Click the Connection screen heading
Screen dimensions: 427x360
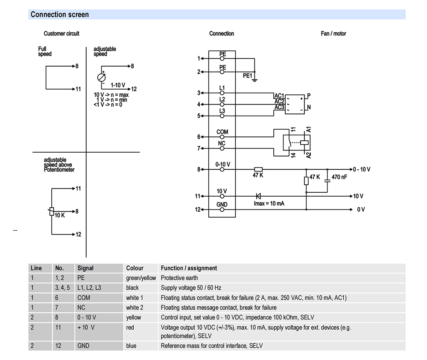pyautogui.click(x=60, y=15)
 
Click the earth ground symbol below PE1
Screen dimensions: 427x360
pyautogui.click(x=254, y=80)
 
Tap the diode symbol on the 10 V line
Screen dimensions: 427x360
pyautogui.click(x=258, y=196)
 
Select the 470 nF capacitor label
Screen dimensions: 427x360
pyautogui.click(x=339, y=177)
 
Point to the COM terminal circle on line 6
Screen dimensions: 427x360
pyautogui.click(x=222, y=137)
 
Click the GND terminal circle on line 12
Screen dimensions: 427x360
pyautogui.click(x=222, y=209)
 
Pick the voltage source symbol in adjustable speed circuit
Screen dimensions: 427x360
pyautogui.click(x=101, y=78)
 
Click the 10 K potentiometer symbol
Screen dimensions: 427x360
pyautogui.click(x=52, y=211)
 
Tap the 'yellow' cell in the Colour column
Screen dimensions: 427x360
pyautogui.click(x=133, y=317)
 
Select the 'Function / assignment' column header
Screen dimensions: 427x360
pyautogui.click(x=189, y=268)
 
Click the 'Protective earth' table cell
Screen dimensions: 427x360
pyautogui.click(x=179, y=278)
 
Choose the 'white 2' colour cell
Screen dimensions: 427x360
pyautogui.click(x=135, y=308)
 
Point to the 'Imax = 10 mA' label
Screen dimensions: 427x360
pyautogui.click(x=269, y=203)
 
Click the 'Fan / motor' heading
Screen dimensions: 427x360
pyautogui.click(x=333, y=33)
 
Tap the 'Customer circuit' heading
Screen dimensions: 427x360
pyautogui.click(x=61, y=33)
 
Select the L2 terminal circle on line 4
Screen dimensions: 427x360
pyautogui.click(x=222, y=105)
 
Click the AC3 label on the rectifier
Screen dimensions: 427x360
pyautogui.click(x=279, y=107)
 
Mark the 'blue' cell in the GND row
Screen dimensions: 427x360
pyautogui.click(x=131, y=345)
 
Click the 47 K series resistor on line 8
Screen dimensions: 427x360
pyautogui.click(x=258, y=169)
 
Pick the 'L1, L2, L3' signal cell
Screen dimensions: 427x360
pyautogui.click(x=89, y=287)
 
